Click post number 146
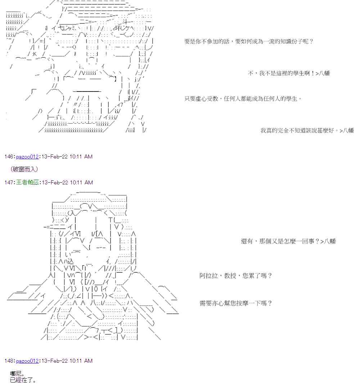point(9,157)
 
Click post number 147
point(9,183)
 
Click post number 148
point(9,361)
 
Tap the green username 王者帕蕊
point(27,183)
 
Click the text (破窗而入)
point(24,169)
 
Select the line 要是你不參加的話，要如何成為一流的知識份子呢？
point(249,41)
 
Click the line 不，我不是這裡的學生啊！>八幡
point(289,73)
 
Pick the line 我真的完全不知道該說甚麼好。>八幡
point(307,131)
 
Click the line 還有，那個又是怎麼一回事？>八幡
point(288,241)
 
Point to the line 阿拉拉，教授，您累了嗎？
point(236,276)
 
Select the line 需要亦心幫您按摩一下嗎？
point(236,303)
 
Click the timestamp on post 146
point(67,157)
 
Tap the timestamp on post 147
point(67,183)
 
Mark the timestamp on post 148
point(67,361)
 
